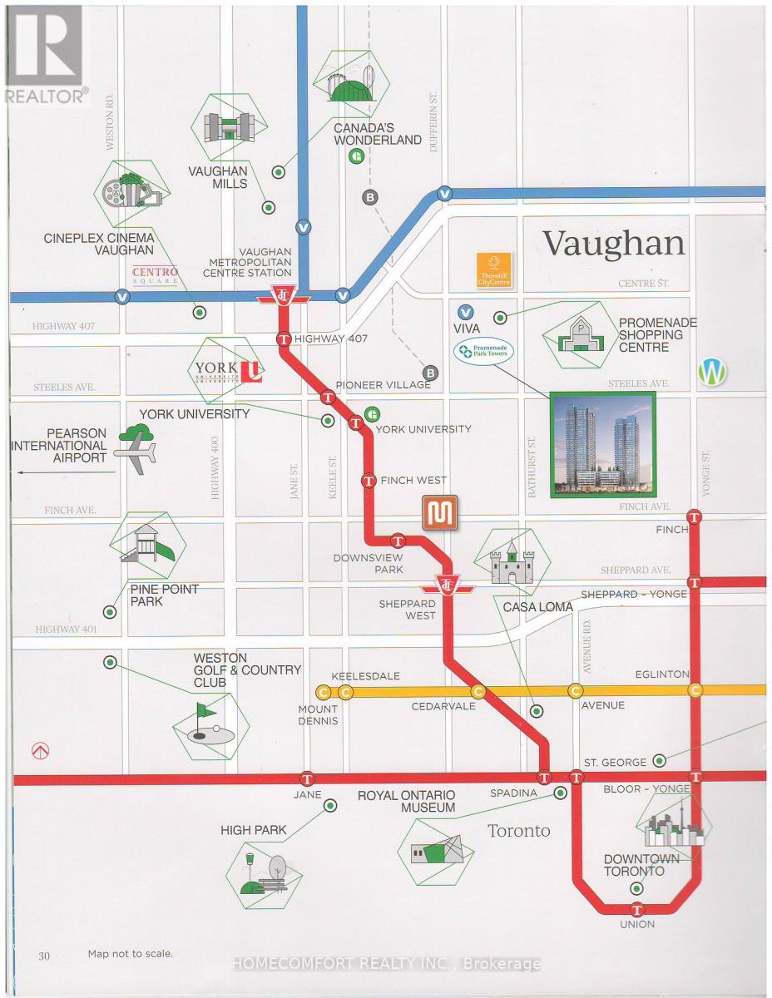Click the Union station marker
click(x=638, y=910)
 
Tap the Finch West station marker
click(x=369, y=480)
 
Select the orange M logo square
click(x=438, y=513)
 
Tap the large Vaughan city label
click(x=614, y=243)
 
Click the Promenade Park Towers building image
click(x=602, y=446)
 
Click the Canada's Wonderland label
click(x=378, y=134)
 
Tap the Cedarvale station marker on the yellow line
click(x=478, y=690)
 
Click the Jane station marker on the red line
click(x=309, y=779)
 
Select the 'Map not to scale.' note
click(x=131, y=954)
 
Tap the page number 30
click(x=44, y=956)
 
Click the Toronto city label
click(x=518, y=831)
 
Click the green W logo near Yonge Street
click(x=712, y=372)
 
